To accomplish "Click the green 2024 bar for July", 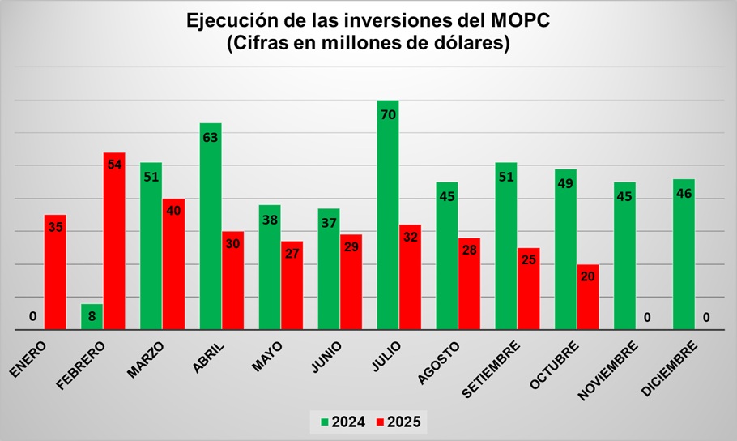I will (388, 215).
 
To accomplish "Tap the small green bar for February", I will (92, 317).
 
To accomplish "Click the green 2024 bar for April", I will (211, 226).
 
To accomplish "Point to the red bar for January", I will (55, 272).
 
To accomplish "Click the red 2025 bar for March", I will (173, 264).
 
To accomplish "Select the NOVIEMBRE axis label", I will (609, 370).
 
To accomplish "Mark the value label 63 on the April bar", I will (211, 138).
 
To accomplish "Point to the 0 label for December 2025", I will (707, 317).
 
